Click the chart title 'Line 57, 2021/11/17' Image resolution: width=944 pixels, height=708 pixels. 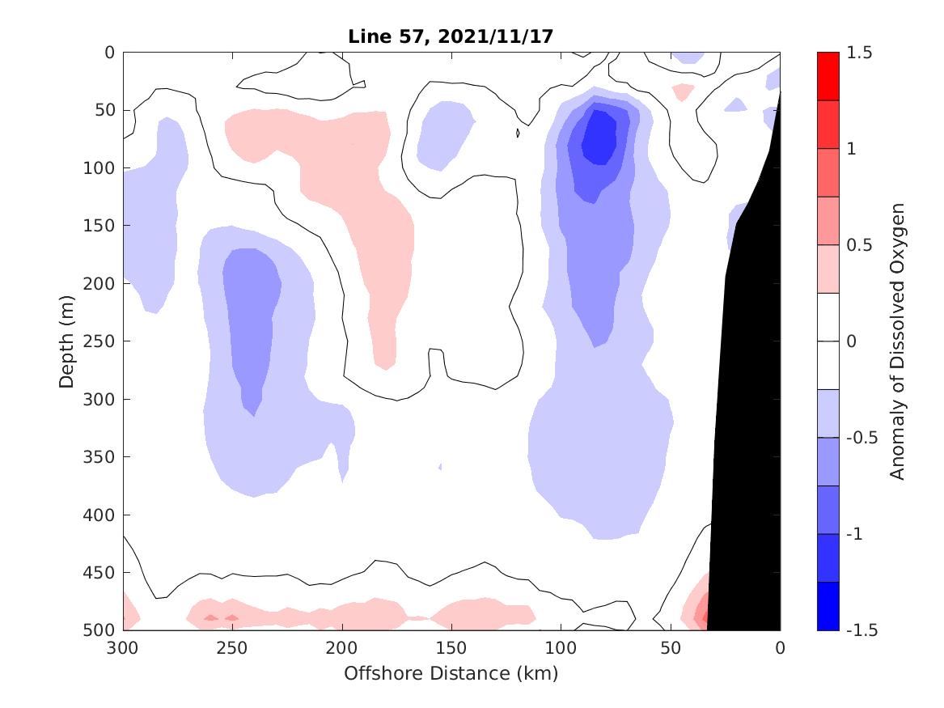click(x=451, y=36)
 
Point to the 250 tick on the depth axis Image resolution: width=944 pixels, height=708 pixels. click(x=124, y=341)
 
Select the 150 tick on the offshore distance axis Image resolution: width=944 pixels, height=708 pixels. click(x=452, y=630)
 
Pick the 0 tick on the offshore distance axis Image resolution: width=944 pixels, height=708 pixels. click(x=780, y=630)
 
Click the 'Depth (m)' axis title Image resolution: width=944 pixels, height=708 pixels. click(x=66, y=341)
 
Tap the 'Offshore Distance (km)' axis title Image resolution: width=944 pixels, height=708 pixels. click(x=451, y=673)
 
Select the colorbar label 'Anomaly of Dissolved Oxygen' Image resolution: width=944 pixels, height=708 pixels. click(x=897, y=341)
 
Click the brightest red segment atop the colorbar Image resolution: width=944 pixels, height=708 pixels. click(x=828, y=76)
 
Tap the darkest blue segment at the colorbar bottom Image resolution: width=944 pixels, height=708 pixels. click(x=828, y=606)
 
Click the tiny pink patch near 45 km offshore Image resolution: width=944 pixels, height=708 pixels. click(x=683, y=91)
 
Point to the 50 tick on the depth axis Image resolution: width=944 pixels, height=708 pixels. click(x=124, y=110)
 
